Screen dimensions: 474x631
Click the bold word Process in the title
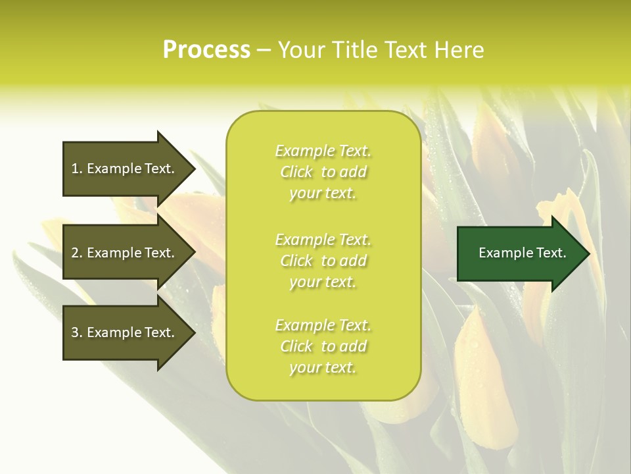click(206, 50)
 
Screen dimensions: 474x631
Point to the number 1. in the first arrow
click(77, 169)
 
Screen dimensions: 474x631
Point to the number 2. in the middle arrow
click(77, 253)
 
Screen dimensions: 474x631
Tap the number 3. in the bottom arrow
click(77, 332)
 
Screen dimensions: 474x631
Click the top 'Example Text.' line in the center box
click(323, 151)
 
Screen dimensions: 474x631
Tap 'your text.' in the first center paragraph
click(323, 193)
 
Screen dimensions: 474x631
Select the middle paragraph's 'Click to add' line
click(323, 261)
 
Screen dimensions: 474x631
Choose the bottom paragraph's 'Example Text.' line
click(323, 325)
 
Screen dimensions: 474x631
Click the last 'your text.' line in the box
click(323, 367)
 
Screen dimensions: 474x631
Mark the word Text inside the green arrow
click(551, 253)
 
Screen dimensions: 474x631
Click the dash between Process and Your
click(264, 50)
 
